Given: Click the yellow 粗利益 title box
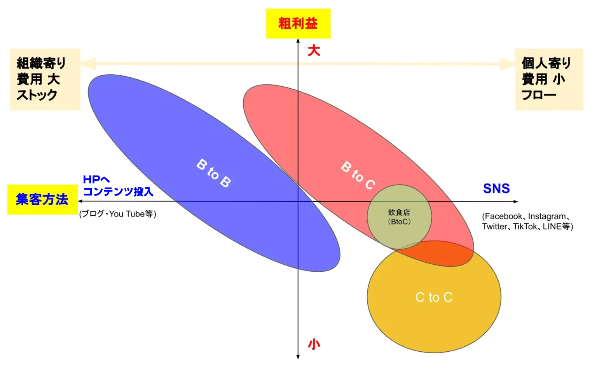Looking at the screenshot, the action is point(298,23).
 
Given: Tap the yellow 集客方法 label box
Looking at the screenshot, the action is point(42,200).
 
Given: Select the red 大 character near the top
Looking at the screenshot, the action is point(314,51).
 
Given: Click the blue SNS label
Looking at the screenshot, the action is point(496,189).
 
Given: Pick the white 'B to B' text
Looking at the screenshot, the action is point(213,173).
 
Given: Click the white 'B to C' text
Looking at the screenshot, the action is point(358,175).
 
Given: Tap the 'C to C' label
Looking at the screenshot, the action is point(434,297).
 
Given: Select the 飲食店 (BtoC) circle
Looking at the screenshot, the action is point(399,217).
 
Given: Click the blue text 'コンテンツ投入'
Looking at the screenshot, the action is point(118,192).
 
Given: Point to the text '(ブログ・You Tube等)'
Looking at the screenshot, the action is point(117,214).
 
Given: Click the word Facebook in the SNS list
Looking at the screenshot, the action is point(503,216).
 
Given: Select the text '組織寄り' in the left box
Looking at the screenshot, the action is point(41,63).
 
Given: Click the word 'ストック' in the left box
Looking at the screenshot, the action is point(37,95).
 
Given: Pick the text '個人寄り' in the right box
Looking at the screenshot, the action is point(546,63).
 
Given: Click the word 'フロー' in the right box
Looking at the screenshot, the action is point(539,95).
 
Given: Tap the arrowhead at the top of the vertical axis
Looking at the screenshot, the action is point(298,40).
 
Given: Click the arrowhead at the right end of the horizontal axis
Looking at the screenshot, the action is point(516,201).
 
